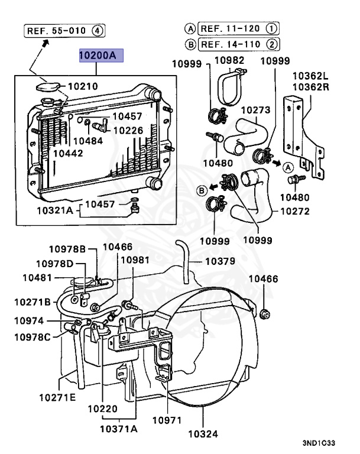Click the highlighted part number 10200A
101,56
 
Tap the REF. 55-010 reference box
64,31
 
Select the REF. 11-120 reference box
238,28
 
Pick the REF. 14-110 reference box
238,44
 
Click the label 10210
83,86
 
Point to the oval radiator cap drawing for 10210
48,86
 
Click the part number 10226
128,131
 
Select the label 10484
88,141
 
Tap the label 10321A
55,210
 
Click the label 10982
229,60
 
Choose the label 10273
256,110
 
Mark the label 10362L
310,76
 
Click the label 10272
295,212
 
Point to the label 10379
220,261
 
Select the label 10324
203,434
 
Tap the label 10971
167,420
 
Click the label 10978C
33,338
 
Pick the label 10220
103,409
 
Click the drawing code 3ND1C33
319,443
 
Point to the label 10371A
118,429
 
